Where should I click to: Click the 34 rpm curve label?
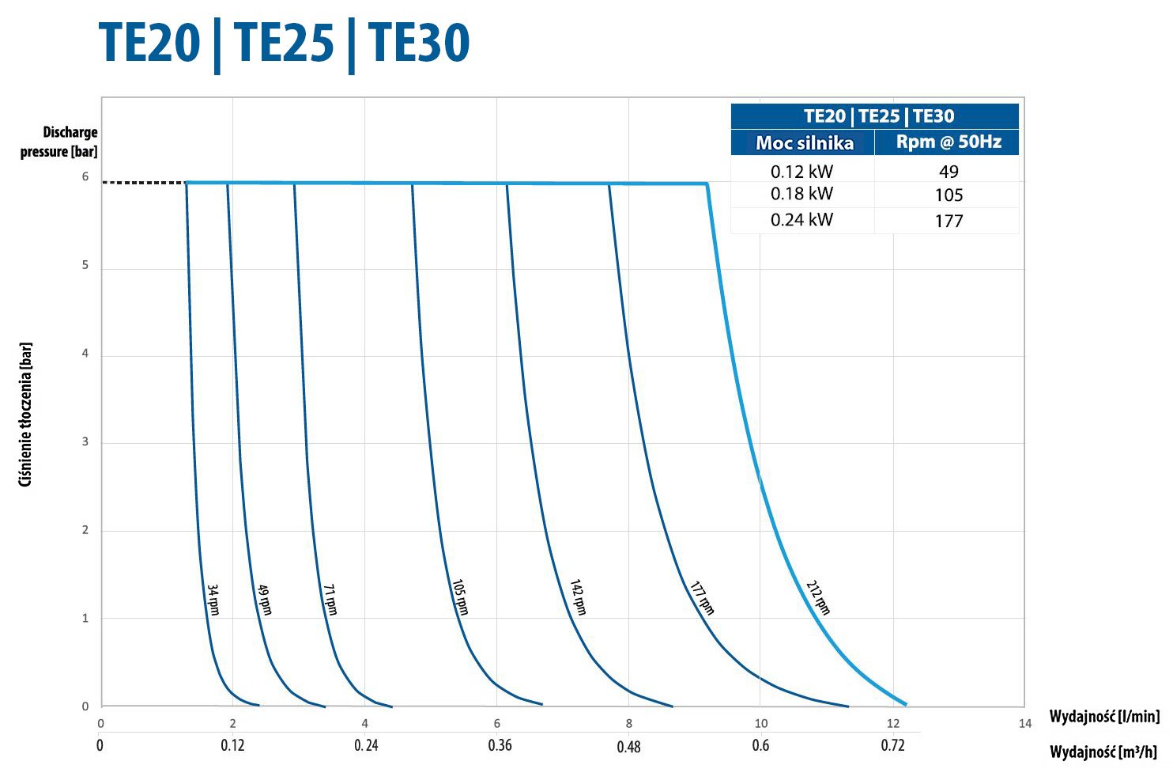(x=213, y=600)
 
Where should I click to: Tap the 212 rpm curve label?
(x=818, y=597)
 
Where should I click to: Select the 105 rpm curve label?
(x=460, y=597)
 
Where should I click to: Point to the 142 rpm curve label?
(x=579, y=597)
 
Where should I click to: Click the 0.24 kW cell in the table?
(x=801, y=220)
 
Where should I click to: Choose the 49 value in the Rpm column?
(x=949, y=172)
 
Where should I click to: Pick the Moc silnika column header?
(x=804, y=143)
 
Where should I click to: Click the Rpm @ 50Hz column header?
(x=948, y=142)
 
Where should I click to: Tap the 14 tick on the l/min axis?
(x=1025, y=723)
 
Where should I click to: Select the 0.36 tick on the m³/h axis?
(x=500, y=745)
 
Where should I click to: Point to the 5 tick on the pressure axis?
(x=85, y=265)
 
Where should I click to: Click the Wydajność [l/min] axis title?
(x=1104, y=717)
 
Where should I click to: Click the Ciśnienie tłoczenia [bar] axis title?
(x=26, y=415)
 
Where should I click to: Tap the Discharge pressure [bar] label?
(x=60, y=142)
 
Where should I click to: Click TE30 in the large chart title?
(x=419, y=43)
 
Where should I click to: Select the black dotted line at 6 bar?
(x=144, y=183)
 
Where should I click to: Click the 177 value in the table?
(x=949, y=221)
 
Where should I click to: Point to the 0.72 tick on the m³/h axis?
(x=892, y=745)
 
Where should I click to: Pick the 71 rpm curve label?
(x=330, y=600)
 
